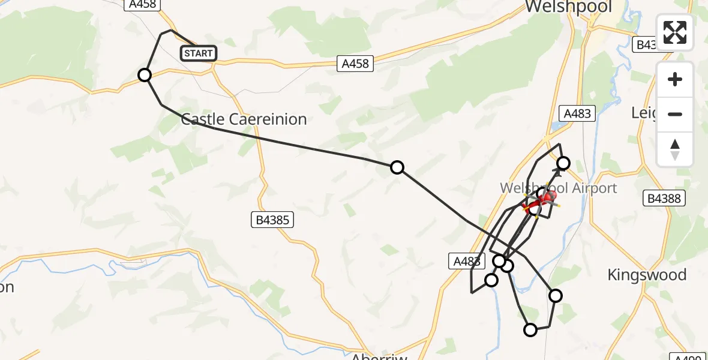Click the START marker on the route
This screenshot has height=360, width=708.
pyautogui.click(x=199, y=53)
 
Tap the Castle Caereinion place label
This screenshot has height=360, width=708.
pyautogui.click(x=244, y=119)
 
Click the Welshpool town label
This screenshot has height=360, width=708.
pyautogui.click(x=568, y=7)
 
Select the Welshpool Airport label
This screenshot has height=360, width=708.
pyautogui.click(x=559, y=188)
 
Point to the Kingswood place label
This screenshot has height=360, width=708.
pyautogui.click(x=647, y=275)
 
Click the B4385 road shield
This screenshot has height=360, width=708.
pyautogui.click(x=272, y=220)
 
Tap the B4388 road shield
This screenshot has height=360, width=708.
pyautogui.click(x=664, y=198)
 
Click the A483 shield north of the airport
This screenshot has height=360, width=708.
pyautogui.click(x=577, y=113)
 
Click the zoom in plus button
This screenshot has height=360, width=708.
pyautogui.click(x=675, y=79)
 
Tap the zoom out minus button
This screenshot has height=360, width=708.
pyautogui.click(x=675, y=114)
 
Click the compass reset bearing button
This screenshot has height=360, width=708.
pyautogui.click(x=675, y=149)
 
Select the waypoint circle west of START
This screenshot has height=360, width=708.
pyautogui.click(x=145, y=75)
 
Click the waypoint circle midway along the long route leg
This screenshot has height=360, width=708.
pyautogui.click(x=397, y=167)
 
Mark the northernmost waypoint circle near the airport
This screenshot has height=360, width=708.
pyautogui.click(x=563, y=163)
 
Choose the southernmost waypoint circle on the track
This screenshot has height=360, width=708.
pyautogui.click(x=530, y=329)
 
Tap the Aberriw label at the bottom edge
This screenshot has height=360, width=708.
pyautogui.click(x=379, y=356)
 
